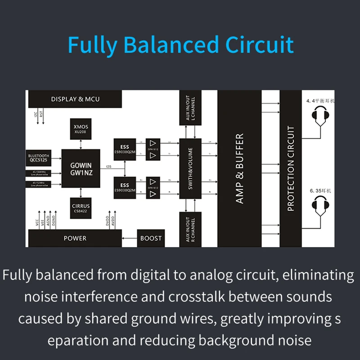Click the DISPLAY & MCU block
coord(75,99)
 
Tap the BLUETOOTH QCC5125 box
coord(38,158)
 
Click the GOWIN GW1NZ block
coord(81,169)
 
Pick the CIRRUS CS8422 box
coord(81,208)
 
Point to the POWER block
coord(75,238)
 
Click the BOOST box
coord(151,238)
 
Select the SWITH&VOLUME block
coord(190,169)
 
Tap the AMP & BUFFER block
coord(239,169)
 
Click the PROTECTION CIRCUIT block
coord(291,169)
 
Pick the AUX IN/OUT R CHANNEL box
coord(190,229)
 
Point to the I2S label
coord(108,166)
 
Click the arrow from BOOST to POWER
coord(130,238)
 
